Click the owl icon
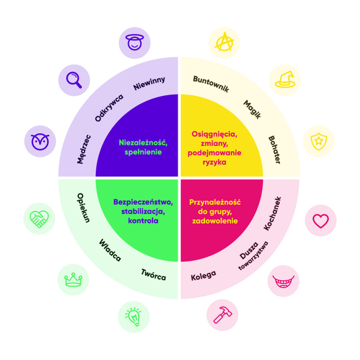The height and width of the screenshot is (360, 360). click(x=40, y=141)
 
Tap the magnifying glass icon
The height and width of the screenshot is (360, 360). click(x=74, y=80)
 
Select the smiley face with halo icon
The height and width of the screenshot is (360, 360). click(x=134, y=42)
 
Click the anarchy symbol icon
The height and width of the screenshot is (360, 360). click(x=224, y=42)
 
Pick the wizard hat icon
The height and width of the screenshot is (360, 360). click(x=285, y=79)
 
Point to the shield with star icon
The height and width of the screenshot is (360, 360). click(x=319, y=141)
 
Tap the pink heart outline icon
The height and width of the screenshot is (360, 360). click(x=321, y=221)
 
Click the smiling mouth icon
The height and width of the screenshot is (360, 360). click(x=283, y=282)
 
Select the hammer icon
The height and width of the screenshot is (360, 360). click(x=222, y=315)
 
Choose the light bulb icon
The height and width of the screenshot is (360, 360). click(x=134, y=317)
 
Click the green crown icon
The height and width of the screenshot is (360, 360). click(x=73, y=280)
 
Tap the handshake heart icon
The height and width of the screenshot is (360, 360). click(x=39, y=219)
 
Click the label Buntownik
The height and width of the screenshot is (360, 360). click(x=211, y=84)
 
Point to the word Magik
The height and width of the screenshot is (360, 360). click(x=253, y=110)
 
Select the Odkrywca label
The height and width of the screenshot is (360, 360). click(x=109, y=107)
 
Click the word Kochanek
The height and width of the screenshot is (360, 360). click(x=273, y=213)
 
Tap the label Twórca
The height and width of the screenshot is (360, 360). click(x=154, y=275)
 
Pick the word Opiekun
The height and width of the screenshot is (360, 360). click(x=84, y=208)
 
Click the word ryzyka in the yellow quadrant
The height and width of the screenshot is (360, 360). click(x=214, y=163)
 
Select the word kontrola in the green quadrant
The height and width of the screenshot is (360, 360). click(x=143, y=221)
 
